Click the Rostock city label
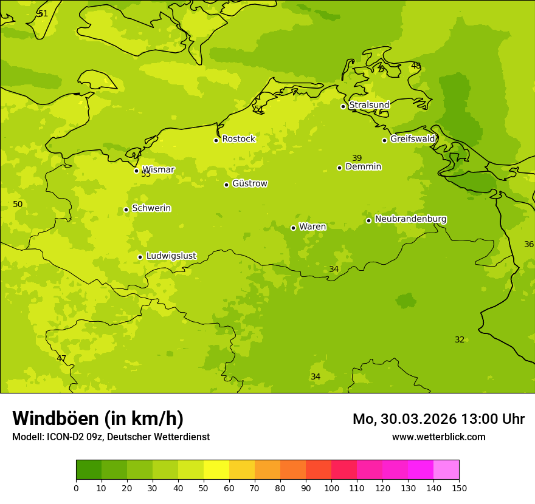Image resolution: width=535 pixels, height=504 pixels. pos(238,139)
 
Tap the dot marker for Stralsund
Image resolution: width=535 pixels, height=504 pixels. pos(343,106)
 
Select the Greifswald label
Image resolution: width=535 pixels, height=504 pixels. pos(412,139)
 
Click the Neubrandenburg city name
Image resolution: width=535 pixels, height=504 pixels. pos(410,219)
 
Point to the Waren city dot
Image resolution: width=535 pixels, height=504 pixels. pos(293,228)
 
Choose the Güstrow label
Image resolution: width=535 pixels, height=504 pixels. pos(249,183)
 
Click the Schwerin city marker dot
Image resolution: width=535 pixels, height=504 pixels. pos(126,209)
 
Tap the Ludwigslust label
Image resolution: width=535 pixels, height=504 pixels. pos(171,256)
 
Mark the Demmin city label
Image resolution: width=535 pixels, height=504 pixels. pos(363,166)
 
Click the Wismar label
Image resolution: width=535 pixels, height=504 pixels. pos(158,169)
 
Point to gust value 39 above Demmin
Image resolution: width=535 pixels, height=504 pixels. pos(357,158)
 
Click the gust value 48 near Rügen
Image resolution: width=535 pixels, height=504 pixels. pos(416,66)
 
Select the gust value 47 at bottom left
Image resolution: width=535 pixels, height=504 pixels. pos(61,358)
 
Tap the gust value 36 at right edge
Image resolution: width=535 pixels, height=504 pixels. pos(529,244)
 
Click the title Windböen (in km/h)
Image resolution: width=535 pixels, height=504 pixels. pos(98,418)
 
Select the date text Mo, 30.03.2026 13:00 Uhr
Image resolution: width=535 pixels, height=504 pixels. pos(438,419)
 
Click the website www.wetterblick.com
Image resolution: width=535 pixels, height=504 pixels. pos(438,437)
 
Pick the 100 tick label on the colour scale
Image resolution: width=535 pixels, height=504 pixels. pos(331,488)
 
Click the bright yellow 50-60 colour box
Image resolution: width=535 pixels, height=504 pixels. pos(216,470)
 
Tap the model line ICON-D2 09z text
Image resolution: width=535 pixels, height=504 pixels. pos(111,437)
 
